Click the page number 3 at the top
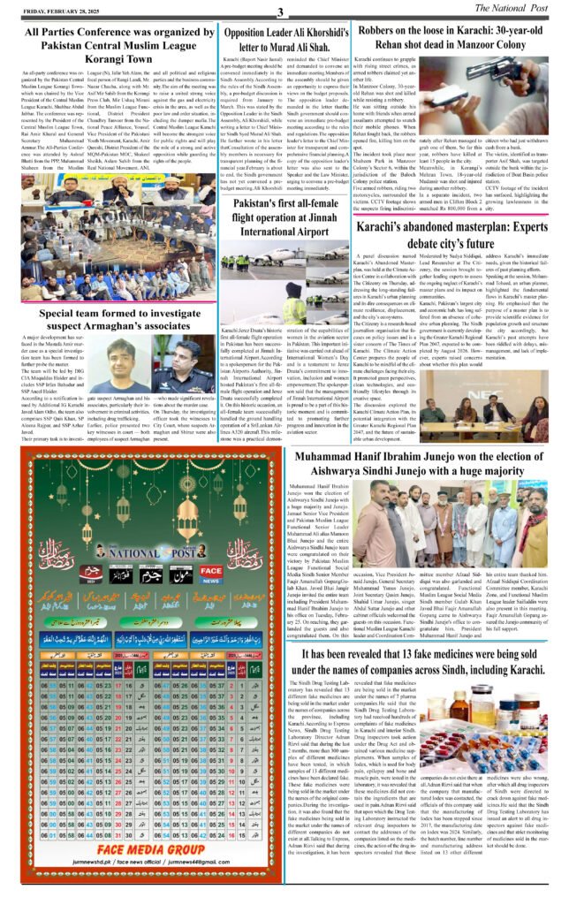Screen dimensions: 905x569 pyautogui.click(x=280, y=11)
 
